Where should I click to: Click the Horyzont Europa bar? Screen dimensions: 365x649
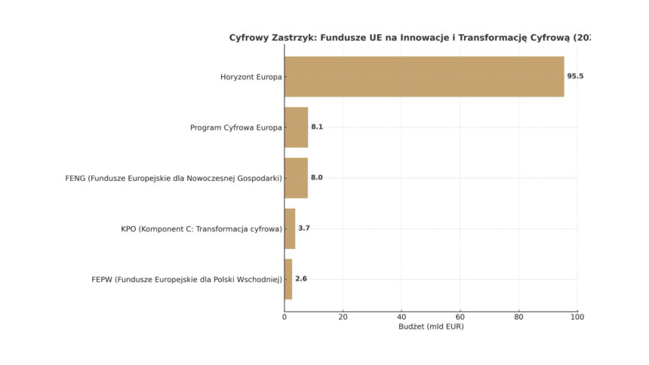(424, 76)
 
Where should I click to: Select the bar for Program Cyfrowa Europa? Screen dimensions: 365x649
(296, 127)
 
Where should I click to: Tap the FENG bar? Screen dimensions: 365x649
(296, 178)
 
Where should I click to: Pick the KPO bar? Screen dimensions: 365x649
(290, 229)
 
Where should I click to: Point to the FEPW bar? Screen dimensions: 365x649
(288, 279)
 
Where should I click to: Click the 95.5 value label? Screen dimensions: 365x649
(575, 76)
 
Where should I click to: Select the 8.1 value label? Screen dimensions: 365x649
(317, 127)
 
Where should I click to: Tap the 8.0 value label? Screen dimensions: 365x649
(316, 178)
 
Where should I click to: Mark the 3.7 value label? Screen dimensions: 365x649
(304, 229)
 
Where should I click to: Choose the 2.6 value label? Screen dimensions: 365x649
(301, 279)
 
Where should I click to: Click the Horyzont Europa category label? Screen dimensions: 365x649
(251, 77)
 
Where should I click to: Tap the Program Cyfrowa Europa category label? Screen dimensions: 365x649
(236, 127)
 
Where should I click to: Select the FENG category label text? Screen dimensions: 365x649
(174, 178)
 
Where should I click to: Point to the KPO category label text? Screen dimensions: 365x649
(201, 229)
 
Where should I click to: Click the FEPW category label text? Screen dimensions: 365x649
(186, 279)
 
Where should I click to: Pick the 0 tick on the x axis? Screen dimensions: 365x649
(285, 317)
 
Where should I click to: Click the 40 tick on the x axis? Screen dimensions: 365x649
(401, 317)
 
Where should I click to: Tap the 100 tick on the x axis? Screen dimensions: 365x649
(577, 317)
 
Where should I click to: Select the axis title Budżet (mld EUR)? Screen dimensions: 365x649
(431, 327)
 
